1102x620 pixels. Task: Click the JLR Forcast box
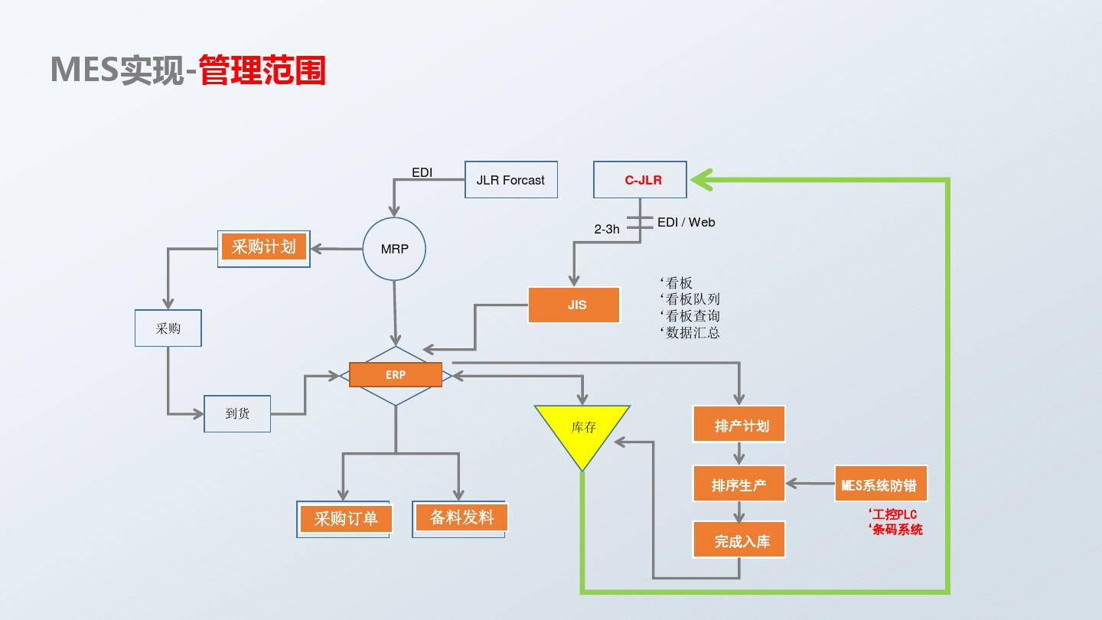click(511, 181)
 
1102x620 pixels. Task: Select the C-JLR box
click(641, 181)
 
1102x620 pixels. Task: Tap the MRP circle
click(394, 249)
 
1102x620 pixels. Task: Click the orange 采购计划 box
click(264, 247)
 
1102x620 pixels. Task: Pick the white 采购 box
click(168, 328)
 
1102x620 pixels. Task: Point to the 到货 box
click(237, 413)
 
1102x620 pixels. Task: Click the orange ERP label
click(396, 375)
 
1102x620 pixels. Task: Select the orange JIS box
click(576, 305)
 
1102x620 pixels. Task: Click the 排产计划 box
click(739, 425)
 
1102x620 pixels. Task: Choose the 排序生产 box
click(739, 484)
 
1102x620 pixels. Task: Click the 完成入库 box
click(739, 541)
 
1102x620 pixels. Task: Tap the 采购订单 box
click(346, 519)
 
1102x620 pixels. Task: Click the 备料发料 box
click(461, 518)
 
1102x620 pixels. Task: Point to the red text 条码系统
click(897, 530)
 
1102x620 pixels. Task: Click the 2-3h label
click(607, 229)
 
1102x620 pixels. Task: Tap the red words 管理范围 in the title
click(262, 70)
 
